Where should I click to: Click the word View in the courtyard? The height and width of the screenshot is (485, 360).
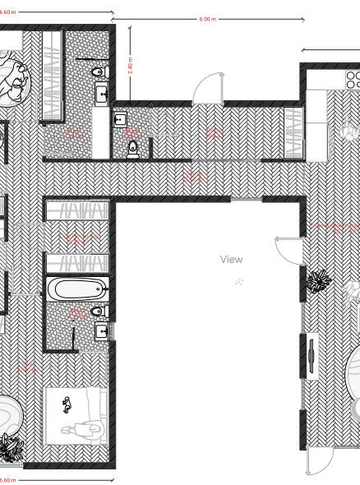point(232,259)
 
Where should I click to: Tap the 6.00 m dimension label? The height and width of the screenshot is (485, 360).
point(208,19)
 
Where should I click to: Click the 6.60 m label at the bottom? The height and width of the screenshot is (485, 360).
point(7,479)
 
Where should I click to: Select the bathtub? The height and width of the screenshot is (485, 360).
point(76,289)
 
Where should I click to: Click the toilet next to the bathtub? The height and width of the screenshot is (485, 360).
point(98,312)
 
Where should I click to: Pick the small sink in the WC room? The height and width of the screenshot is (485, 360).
point(120,120)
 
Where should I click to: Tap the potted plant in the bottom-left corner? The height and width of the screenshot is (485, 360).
point(12,448)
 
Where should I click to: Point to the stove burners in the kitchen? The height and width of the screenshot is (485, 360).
point(354,79)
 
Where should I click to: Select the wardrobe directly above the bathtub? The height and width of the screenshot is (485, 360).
point(76,264)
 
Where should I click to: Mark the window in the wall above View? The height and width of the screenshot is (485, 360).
point(246,198)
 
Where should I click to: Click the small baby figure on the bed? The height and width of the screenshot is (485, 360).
point(65,403)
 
